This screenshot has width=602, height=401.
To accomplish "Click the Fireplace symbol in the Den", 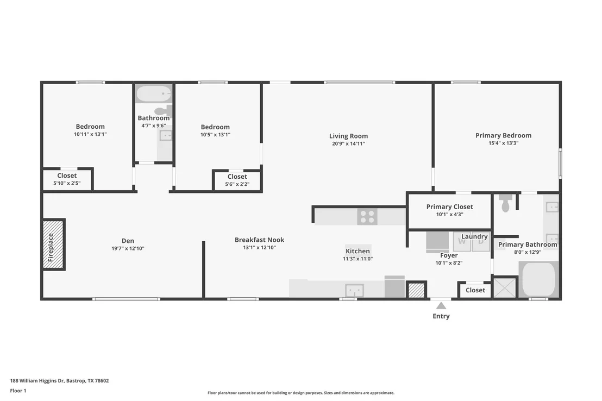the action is pyautogui.click(x=53, y=245).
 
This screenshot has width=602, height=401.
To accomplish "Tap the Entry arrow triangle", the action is pyautogui.click(x=441, y=306).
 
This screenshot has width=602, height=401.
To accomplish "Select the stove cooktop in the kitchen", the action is pyautogui.click(x=367, y=217).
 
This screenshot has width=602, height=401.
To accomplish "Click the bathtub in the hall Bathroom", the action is pyautogui.click(x=154, y=93).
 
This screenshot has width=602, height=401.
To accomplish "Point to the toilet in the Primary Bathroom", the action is pyautogui.click(x=505, y=203).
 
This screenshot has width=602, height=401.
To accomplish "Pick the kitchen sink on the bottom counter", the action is pyautogui.click(x=354, y=290).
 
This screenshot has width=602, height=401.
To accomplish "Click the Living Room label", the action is pyautogui.click(x=348, y=136).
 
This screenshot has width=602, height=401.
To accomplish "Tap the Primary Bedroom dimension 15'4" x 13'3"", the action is pyautogui.click(x=503, y=143).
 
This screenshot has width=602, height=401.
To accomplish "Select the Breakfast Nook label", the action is pyautogui.click(x=260, y=240).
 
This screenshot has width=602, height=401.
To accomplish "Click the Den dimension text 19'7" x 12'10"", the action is pyautogui.click(x=128, y=248).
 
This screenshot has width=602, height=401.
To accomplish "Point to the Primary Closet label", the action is pyautogui.click(x=449, y=206).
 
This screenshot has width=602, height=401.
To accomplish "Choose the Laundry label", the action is pyautogui.click(x=474, y=236).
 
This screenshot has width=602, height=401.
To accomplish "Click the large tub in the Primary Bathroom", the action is pyautogui.click(x=538, y=279).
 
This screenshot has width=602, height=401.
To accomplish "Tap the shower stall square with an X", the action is pyautogui.click(x=504, y=287).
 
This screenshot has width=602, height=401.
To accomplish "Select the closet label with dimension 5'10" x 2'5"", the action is pyautogui.click(x=67, y=176).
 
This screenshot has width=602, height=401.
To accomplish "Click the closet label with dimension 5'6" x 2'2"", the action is pyautogui.click(x=237, y=177).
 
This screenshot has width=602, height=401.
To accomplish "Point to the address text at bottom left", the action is pyautogui.click(x=60, y=381).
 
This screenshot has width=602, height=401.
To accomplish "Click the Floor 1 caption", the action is pyautogui.click(x=18, y=391).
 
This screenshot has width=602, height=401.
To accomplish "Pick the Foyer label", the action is pyautogui.click(x=449, y=255).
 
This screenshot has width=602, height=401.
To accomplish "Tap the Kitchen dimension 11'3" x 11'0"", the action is pyautogui.click(x=358, y=259).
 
